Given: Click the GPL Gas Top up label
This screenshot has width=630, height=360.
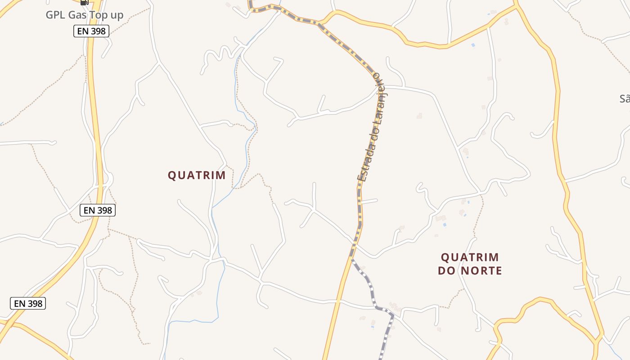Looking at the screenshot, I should coord(85,15).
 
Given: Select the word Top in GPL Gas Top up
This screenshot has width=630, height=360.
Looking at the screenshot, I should coord(99,15).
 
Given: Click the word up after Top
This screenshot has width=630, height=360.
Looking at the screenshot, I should coord(116,15).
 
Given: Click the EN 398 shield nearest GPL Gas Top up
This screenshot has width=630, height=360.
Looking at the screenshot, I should coord(91,31).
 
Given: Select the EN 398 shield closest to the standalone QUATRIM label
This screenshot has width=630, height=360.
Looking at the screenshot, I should coord(98,210).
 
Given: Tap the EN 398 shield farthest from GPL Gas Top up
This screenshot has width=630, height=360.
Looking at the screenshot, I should coord(28,303).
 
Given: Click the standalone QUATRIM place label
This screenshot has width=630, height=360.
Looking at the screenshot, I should coord(197,175).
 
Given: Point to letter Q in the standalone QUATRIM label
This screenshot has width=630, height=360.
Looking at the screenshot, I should coord(172,175).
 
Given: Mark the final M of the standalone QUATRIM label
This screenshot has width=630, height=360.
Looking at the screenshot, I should coord(221,175).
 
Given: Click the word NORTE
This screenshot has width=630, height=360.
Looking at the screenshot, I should coord(480,271).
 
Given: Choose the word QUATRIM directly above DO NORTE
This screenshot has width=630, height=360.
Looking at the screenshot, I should coord(470,257).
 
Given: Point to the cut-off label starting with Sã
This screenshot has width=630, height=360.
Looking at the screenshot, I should coord(625,99).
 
